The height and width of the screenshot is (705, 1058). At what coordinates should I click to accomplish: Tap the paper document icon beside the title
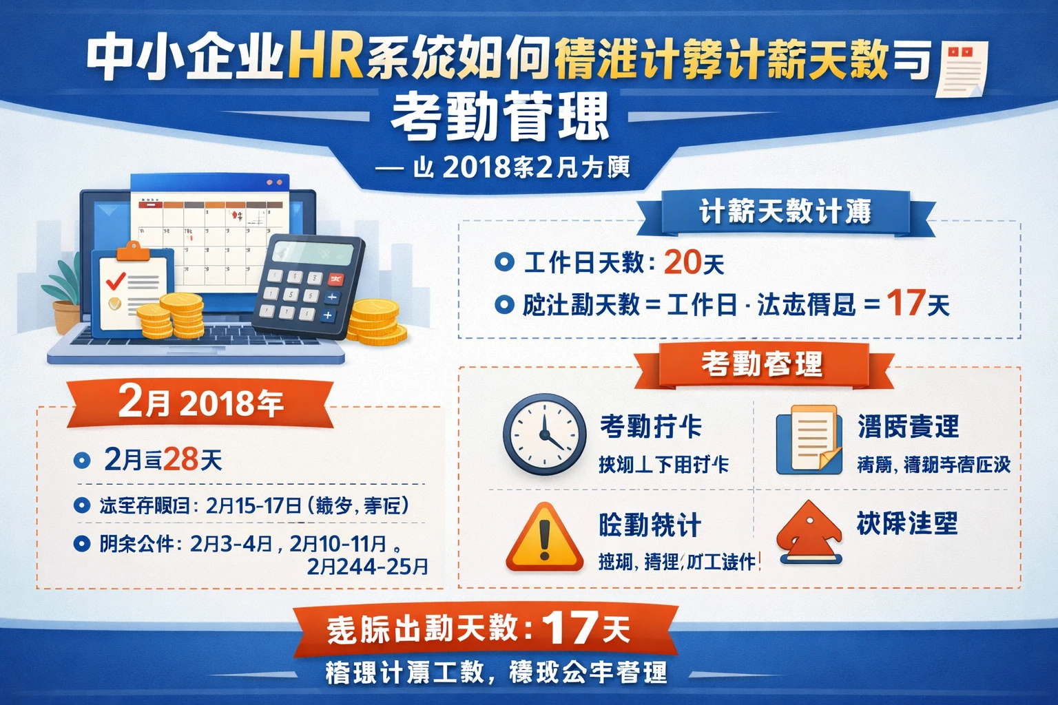point(964,68)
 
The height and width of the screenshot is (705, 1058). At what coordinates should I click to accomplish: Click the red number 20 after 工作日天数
point(682,262)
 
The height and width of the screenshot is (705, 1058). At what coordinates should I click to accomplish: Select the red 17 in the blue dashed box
point(905,303)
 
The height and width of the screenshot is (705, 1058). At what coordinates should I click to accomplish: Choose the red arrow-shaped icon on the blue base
point(810,534)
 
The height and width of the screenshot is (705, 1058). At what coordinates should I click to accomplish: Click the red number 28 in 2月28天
point(180,460)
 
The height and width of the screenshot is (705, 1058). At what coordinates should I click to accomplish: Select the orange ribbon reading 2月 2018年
point(200,401)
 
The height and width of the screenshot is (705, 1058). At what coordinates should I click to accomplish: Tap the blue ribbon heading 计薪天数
point(785,212)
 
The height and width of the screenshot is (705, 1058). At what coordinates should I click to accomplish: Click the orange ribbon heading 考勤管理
point(762,364)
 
